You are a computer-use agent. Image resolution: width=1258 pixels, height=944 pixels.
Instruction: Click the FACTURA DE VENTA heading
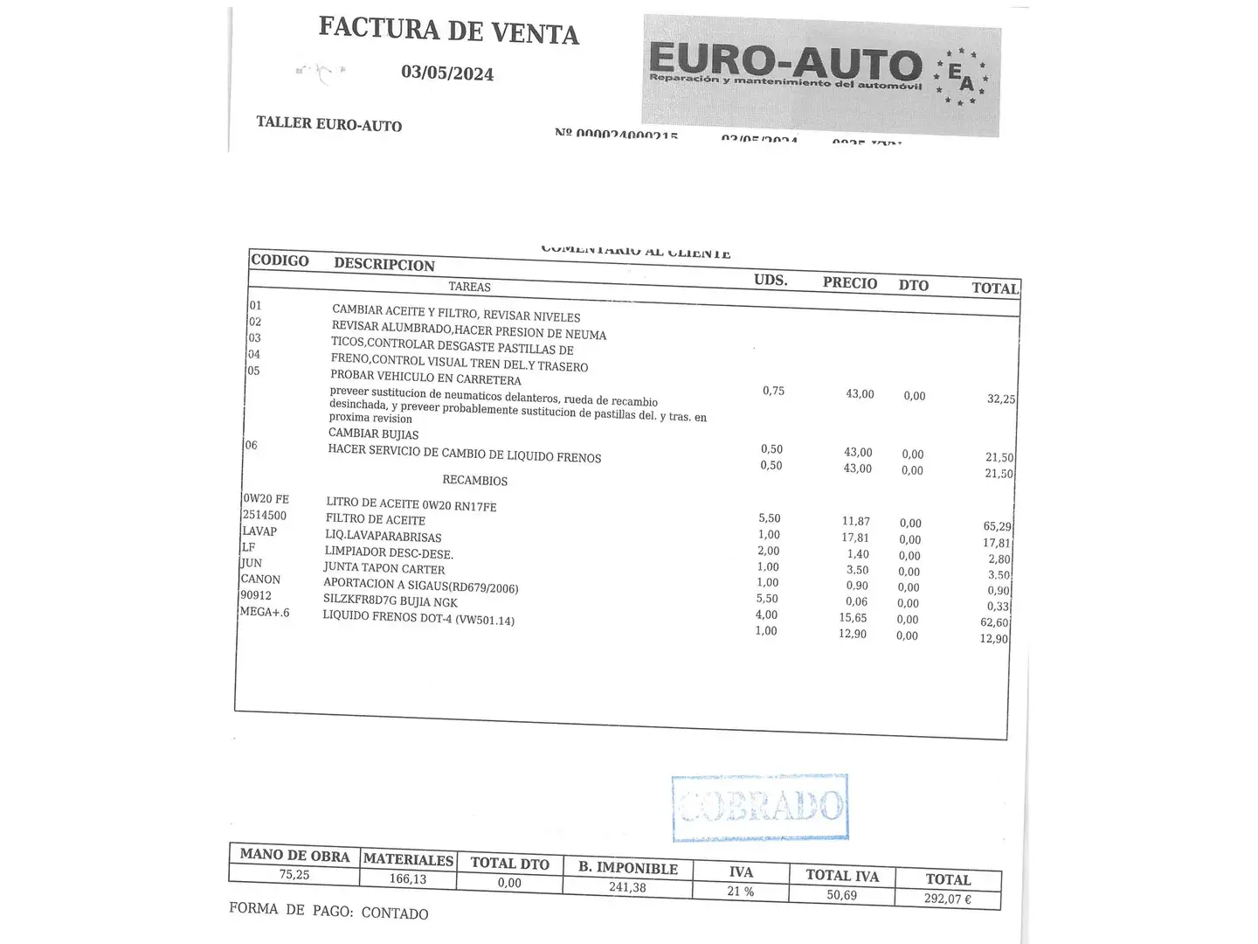click(x=448, y=31)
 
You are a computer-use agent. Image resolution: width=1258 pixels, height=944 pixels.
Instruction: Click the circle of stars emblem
click(x=961, y=77)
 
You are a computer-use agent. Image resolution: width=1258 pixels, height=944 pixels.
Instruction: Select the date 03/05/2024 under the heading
click(x=447, y=73)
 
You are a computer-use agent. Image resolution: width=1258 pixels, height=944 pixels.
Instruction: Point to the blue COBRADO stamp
click(x=760, y=807)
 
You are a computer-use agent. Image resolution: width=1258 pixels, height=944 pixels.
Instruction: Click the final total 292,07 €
click(x=948, y=899)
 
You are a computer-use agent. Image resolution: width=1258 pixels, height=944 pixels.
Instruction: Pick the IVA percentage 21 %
click(x=740, y=891)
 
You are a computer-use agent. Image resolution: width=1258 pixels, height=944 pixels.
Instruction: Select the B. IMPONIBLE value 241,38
click(x=627, y=887)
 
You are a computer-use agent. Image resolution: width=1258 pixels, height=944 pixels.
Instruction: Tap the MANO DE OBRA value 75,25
click(x=294, y=874)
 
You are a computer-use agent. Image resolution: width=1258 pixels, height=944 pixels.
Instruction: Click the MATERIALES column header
click(x=408, y=859)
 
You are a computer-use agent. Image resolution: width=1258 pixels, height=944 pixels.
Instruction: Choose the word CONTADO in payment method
click(x=395, y=913)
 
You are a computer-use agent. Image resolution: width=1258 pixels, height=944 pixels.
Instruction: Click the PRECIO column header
click(x=849, y=283)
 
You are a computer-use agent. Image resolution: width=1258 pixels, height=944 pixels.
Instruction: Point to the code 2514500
click(x=265, y=516)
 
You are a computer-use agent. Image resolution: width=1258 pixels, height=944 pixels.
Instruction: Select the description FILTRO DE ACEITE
click(x=376, y=519)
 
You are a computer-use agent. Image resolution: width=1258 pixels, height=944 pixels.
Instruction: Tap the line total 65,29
click(x=997, y=527)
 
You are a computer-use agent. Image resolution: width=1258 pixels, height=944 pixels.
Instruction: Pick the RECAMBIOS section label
click(x=474, y=480)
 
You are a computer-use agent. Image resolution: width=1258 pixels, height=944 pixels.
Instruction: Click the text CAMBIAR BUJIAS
click(x=373, y=434)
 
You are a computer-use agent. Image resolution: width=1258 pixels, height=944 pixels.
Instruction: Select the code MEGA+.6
click(x=265, y=612)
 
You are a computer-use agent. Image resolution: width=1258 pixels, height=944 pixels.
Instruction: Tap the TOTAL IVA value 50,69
click(x=841, y=895)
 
